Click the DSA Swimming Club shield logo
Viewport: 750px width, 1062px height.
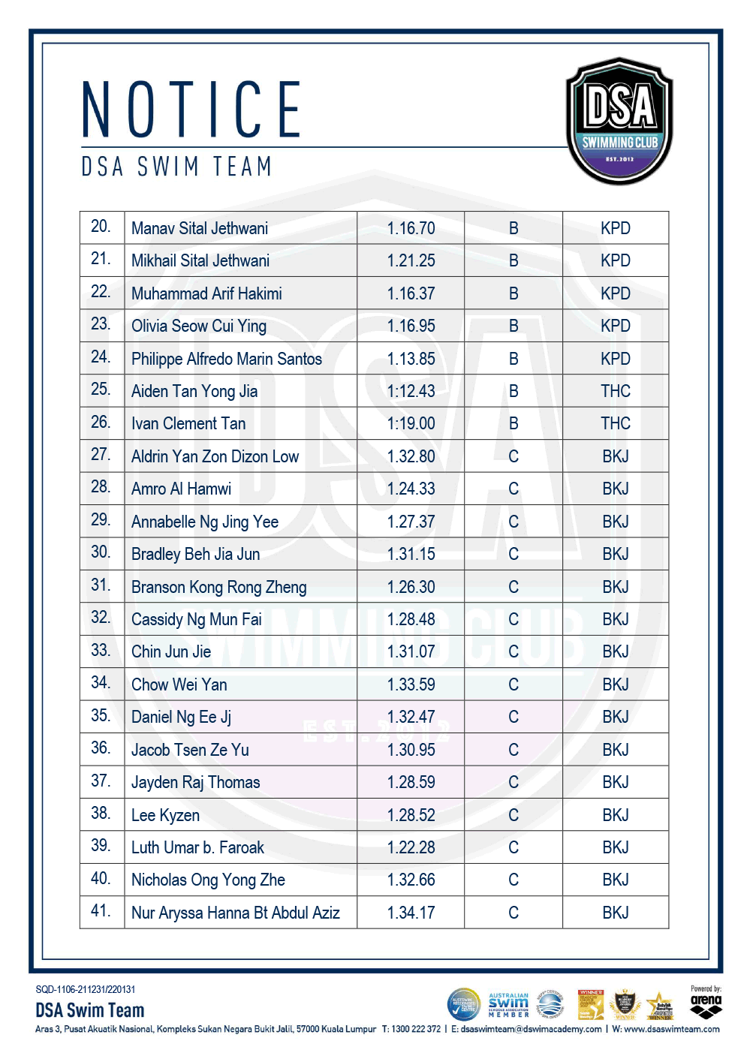pyautogui.click(x=619, y=121)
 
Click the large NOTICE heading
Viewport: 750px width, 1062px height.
pyautogui.click(x=191, y=110)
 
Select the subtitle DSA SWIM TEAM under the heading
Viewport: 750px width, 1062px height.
pyautogui.click(x=176, y=167)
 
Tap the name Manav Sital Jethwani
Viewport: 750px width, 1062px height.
pyautogui.click(x=200, y=228)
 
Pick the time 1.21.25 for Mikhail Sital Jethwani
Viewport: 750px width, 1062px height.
pyautogui.click(x=411, y=260)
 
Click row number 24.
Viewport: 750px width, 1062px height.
pyautogui.click(x=101, y=357)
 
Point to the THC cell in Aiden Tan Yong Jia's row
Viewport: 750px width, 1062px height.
pyautogui.click(x=616, y=391)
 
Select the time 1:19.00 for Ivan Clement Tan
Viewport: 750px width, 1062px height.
pyautogui.click(x=411, y=423)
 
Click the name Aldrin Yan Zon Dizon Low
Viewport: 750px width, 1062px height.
pyautogui.click(x=215, y=456)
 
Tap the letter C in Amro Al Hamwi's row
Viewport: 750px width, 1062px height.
pyautogui.click(x=514, y=489)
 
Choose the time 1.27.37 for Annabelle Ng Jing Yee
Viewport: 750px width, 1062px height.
pyautogui.click(x=411, y=522)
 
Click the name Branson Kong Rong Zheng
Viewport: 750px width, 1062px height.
pyautogui.click(x=219, y=587)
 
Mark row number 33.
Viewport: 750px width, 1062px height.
pyautogui.click(x=101, y=650)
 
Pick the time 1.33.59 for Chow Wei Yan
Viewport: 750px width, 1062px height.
pyautogui.click(x=411, y=684)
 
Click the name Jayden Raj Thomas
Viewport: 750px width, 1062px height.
pyautogui.click(x=196, y=782)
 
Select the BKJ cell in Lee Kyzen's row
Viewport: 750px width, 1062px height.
pyautogui.click(x=616, y=815)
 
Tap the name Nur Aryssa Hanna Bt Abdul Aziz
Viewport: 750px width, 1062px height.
pyautogui.click(x=236, y=913)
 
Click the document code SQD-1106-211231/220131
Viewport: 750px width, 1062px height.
pyautogui.click(x=86, y=989)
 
